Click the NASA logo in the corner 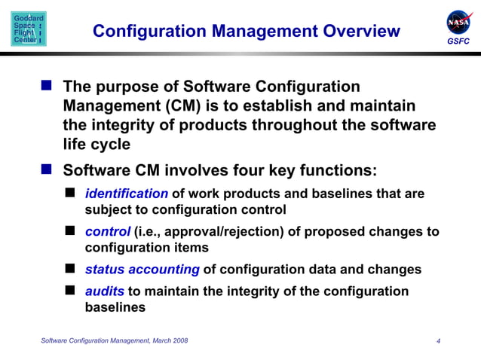(x=458, y=22)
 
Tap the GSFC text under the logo (x=458, y=41)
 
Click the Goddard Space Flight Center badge (x=29, y=29)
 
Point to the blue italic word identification (x=127, y=194)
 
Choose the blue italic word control (x=108, y=232)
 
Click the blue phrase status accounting (x=142, y=270)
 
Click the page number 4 (x=438, y=342)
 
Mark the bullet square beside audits (x=71, y=291)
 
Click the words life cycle (x=97, y=144)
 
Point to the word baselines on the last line (x=115, y=307)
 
